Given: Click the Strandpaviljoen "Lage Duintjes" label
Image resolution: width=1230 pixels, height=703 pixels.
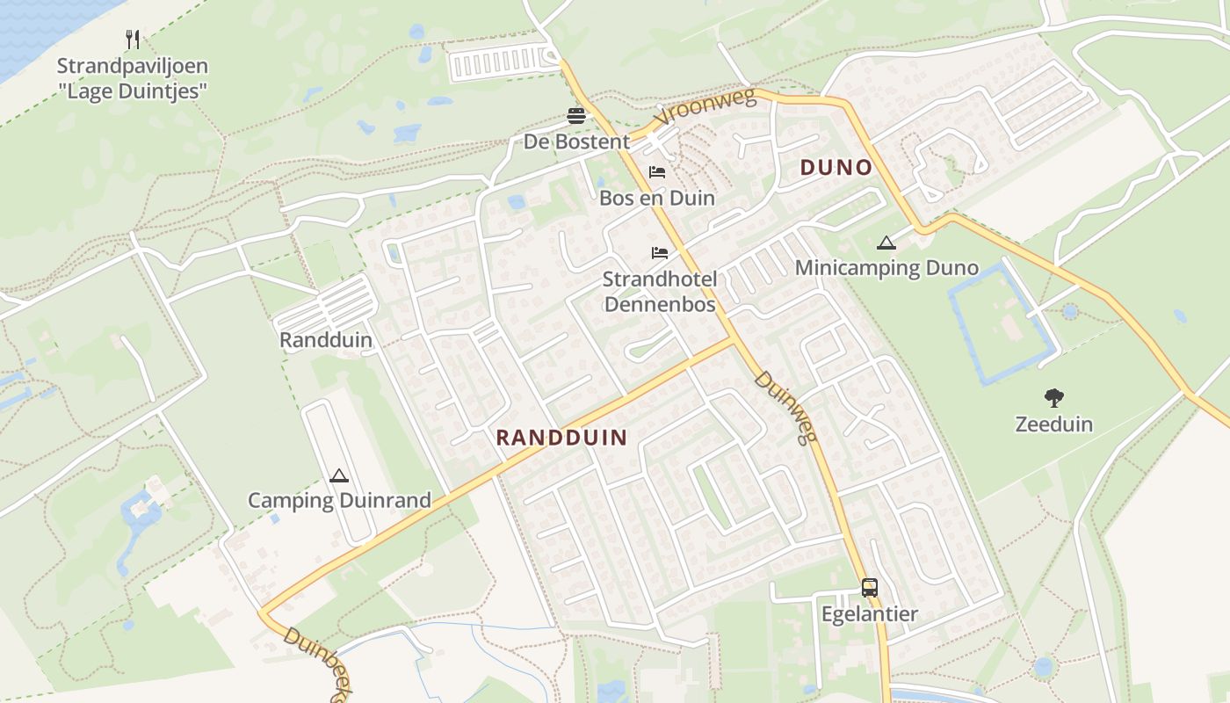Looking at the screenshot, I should pyautogui.click(x=133, y=78).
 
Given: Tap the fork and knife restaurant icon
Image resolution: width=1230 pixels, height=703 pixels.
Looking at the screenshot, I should pyautogui.click(x=133, y=40).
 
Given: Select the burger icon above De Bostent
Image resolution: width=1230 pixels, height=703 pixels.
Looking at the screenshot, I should pyautogui.click(x=576, y=116).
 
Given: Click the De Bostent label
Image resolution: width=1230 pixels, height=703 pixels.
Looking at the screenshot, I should pyautogui.click(x=576, y=141).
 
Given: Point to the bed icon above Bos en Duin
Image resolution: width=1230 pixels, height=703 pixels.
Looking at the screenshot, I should pyautogui.click(x=657, y=172).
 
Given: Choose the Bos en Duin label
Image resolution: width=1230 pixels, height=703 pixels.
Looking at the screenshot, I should pyautogui.click(x=657, y=198).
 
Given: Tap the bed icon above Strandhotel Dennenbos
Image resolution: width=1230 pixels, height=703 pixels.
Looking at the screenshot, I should pyautogui.click(x=660, y=253).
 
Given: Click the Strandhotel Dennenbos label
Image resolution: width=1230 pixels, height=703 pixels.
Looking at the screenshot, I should pyautogui.click(x=660, y=292).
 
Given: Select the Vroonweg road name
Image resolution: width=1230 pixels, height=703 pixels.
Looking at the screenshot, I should pyautogui.click(x=705, y=107).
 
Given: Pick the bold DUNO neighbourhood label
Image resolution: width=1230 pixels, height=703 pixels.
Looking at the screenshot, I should pyautogui.click(x=836, y=168).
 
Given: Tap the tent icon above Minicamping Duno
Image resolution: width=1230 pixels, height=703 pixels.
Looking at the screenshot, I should pyautogui.click(x=886, y=243).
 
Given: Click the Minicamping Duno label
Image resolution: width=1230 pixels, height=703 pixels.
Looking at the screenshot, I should pyautogui.click(x=886, y=268).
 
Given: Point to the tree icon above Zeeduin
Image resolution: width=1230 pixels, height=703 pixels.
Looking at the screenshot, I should pyautogui.click(x=1054, y=398).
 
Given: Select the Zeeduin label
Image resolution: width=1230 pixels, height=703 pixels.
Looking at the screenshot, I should pyautogui.click(x=1054, y=424).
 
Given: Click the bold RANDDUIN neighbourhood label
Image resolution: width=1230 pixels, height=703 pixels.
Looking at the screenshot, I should pyautogui.click(x=562, y=438).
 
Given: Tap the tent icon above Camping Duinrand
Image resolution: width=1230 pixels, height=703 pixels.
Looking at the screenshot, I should pyautogui.click(x=339, y=476).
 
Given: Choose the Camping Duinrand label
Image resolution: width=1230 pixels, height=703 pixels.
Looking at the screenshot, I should pyautogui.click(x=339, y=501).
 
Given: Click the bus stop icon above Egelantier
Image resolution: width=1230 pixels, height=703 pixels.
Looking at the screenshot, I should pyautogui.click(x=870, y=588).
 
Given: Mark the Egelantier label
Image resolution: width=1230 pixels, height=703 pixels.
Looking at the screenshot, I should pyautogui.click(x=870, y=613).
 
